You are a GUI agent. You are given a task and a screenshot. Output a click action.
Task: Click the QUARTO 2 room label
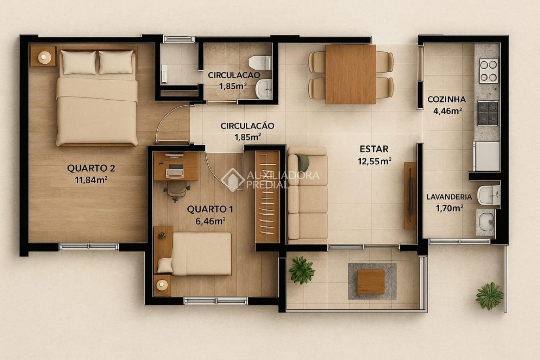(x=91, y=168)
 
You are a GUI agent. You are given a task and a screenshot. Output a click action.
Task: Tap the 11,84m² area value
(x=91, y=180)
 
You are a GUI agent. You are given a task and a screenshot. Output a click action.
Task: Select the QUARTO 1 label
(x=210, y=209)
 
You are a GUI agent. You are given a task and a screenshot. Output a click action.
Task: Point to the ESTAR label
(x=374, y=149)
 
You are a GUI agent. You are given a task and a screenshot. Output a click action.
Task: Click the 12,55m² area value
(x=374, y=161)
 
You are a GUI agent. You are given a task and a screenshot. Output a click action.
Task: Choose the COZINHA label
(x=446, y=99)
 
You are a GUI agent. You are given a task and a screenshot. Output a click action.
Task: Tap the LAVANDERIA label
(x=449, y=197)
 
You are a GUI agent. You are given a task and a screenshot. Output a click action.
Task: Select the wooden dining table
(x=351, y=74)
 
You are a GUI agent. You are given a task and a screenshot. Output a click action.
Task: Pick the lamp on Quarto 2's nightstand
(x=45, y=57)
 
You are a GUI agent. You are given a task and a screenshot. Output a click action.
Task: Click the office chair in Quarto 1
(x=177, y=191)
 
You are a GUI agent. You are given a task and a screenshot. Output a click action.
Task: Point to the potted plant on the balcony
(x=301, y=270)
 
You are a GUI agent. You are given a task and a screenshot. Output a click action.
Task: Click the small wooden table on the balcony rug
(x=370, y=282)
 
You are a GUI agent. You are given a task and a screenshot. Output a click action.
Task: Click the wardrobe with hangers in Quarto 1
(x=267, y=197)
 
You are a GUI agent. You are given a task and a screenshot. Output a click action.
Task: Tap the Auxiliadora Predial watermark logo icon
(x=232, y=180)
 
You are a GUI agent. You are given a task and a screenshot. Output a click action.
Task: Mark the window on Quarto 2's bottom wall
(x=89, y=246)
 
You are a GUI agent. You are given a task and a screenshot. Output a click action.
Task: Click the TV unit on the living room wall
(x=410, y=196)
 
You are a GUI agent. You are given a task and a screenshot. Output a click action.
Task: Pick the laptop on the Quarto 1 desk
(x=174, y=170)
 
